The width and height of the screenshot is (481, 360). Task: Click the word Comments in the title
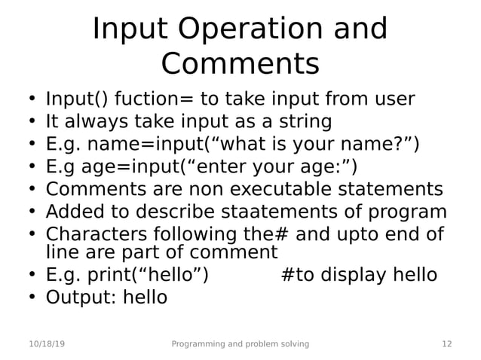[240, 64]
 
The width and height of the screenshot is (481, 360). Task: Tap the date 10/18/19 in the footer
[47, 344]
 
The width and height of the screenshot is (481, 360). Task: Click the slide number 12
[446, 344]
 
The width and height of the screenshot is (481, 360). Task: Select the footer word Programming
[198, 344]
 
